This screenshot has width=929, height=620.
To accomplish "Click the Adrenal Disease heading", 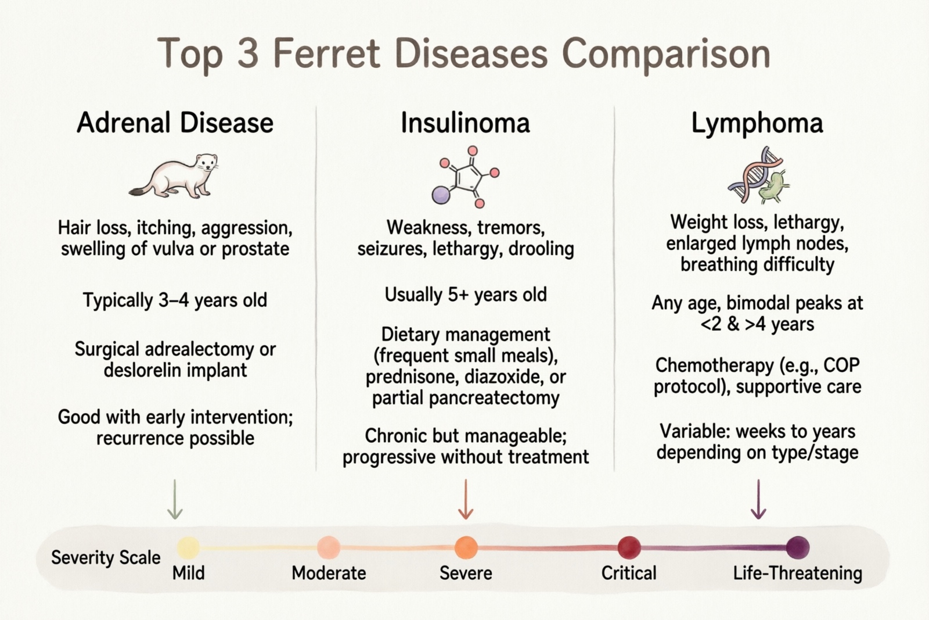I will [x=175, y=123].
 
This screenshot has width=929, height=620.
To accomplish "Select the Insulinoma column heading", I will [x=465, y=123].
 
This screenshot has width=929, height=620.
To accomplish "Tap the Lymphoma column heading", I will [x=757, y=123].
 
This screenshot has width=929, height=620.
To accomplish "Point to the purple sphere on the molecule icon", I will [x=441, y=195].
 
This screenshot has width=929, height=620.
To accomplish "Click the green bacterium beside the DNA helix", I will [x=773, y=187].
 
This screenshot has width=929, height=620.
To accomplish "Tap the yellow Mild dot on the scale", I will [x=188, y=547].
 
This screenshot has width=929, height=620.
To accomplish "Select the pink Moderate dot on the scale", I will [x=329, y=547].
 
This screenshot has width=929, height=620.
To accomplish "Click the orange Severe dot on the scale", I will [x=466, y=547].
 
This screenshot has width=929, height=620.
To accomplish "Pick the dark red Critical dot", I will [x=629, y=547].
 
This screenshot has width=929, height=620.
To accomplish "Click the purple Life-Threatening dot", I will [x=797, y=547].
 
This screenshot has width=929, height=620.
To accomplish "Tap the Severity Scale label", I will [x=106, y=558].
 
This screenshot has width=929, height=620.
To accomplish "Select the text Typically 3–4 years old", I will [x=175, y=300].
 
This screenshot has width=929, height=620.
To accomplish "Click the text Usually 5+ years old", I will [x=466, y=295].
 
